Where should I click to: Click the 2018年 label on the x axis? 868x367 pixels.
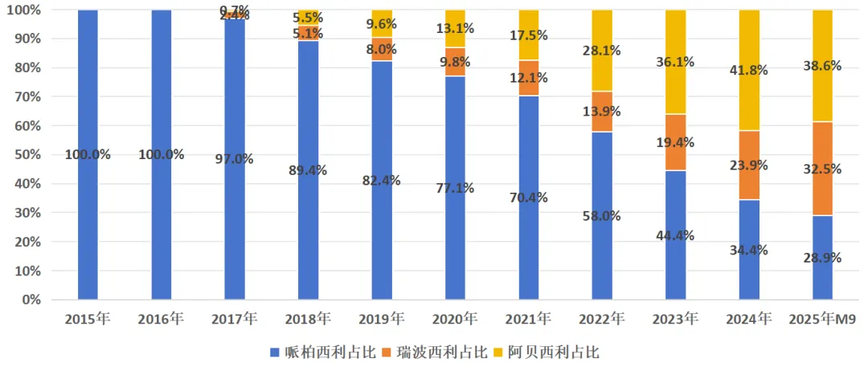click(x=308, y=320)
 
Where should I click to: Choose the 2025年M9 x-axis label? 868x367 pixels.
click(x=822, y=320)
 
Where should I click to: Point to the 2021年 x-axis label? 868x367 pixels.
click(x=528, y=320)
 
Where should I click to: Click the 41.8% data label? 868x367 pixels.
click(x=748, y=70)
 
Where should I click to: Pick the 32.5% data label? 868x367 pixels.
click(x=822, y=169)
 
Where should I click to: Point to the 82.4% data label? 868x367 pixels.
click(x=382, y=179)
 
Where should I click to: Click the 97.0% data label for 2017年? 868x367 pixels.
click(x=234, y=159)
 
